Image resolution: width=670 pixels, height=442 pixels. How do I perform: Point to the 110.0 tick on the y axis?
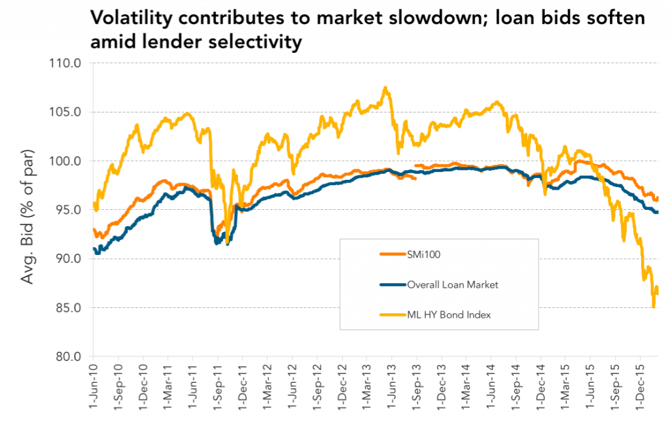(65, 63)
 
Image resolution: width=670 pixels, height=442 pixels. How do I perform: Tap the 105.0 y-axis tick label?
(65, 112)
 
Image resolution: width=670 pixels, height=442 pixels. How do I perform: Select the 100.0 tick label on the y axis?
(65, 161)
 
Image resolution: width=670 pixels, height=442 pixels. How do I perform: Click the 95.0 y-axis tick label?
(68, 210)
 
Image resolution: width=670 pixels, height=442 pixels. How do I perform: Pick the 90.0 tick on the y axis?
(68, 259)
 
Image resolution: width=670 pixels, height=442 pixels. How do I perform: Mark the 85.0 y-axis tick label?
(68, 308)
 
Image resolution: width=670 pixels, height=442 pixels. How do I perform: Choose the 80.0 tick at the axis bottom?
(68, 356)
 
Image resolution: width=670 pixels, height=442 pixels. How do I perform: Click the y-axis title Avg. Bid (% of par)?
(27, 216)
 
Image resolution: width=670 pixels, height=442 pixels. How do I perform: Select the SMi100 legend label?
(423, 254)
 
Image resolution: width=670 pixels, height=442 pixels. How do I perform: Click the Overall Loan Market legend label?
(453, 285)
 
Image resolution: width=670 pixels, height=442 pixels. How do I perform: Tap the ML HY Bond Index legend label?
(449, 315)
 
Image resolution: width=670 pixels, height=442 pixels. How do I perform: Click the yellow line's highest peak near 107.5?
(385, 88)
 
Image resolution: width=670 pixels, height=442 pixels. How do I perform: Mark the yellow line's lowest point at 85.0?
(654, 306)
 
